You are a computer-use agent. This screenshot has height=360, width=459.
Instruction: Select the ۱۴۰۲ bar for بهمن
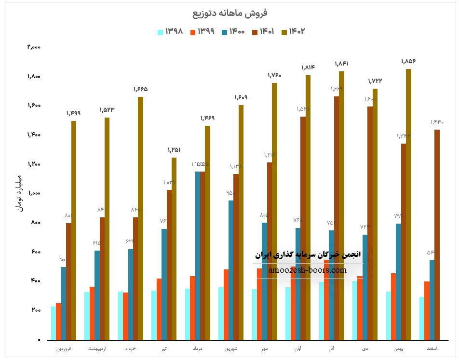point(408,204)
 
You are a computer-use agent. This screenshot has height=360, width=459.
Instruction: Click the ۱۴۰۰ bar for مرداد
point(198,255)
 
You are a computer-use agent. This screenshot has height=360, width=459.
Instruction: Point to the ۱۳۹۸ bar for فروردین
point(54,323)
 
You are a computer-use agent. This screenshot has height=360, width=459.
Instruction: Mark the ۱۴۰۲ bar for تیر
point(174,249)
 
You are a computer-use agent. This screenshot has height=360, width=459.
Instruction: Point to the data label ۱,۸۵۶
point(408,61)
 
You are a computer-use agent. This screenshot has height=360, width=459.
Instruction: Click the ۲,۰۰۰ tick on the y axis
point(34,47)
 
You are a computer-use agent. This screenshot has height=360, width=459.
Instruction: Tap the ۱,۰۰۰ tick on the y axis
point(34,193)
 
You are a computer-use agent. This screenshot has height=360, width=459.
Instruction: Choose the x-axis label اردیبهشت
point(97,348)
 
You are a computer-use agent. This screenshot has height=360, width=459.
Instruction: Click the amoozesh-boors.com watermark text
point(306,270)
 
